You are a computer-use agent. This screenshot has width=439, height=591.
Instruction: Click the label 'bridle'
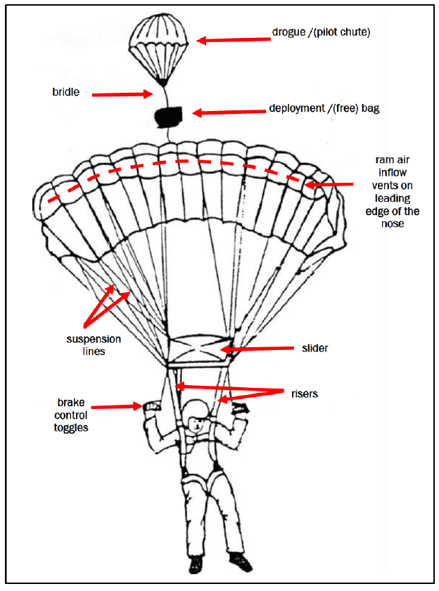pyautogui.click(x=66, y=92)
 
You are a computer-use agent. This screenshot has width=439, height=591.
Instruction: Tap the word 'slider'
pyautogui.click(x=314, y=347)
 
